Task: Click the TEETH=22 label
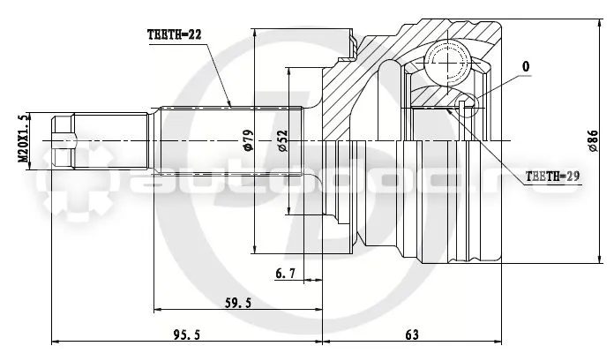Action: (175, 35)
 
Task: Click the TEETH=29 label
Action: (552, 177)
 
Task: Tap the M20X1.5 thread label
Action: (23, 139)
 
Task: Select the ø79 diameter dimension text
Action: (249, 140)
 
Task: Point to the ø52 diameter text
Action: (282, 140)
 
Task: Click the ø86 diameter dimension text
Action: (593, 140)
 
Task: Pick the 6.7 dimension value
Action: (286, 274)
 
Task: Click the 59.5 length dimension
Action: (238, 303)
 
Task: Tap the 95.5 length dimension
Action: (187, 335)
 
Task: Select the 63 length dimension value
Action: (412, 335)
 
